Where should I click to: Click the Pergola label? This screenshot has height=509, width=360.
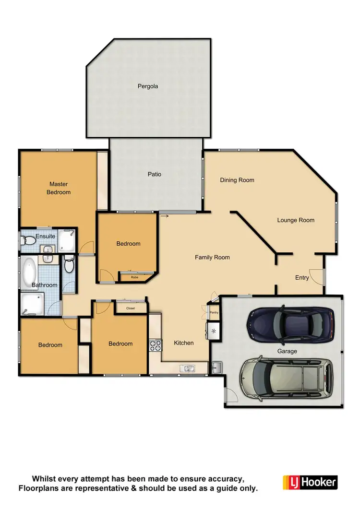(x=148, y=87)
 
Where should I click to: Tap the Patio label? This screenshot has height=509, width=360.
(x=154, y=174)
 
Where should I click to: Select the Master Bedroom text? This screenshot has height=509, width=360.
(x=59, y=188)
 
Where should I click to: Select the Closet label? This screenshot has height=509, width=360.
(x=131, y=308)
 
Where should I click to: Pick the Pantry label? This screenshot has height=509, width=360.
(x=214, y=313)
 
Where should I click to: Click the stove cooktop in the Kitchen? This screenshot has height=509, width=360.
(x=155, y=345)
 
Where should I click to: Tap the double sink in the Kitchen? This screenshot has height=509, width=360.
(x=187, y=368)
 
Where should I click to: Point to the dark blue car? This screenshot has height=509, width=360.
(x=290, y=325)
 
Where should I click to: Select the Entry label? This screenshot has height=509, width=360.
(x=302, y=278)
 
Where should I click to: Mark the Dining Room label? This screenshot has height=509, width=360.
(x=237, y=180)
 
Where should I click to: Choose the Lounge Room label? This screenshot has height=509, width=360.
(x=296, y=220)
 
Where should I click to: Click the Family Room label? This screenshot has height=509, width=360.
(x=212, y=258)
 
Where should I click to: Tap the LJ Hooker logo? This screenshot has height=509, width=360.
(x=310, y=482)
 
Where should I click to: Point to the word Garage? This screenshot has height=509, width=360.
(x=287, y=351)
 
